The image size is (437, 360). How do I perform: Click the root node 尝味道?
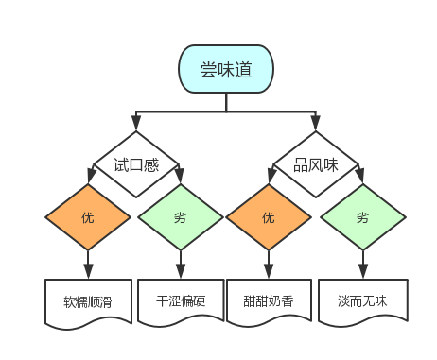(x=226, y=70)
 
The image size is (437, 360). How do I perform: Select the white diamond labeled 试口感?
(x=135, y=164)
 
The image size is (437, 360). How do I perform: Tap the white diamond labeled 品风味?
(x=315, y=164)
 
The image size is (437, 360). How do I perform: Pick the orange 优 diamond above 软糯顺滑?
(x=88, y=218)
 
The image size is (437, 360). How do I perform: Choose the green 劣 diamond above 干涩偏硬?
(x=180, y=218)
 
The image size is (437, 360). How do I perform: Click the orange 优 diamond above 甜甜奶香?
(x=269, y=218)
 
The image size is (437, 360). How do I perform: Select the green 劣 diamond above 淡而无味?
(x=362, y=218)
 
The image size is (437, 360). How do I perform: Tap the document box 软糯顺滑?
(x=88, y=301)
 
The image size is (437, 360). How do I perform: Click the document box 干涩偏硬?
(x=180, y=301)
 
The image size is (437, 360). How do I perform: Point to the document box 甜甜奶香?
(x=269, y=301)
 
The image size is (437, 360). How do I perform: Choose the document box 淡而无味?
(x=362, y=301)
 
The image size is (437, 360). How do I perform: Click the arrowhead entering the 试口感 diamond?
(x=135, y=126)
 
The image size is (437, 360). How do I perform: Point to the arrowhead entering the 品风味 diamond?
(x=315, y=126)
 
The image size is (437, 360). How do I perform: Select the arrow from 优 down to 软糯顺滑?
(x=88, y=264)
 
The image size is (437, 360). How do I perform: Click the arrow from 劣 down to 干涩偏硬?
(x=180, y=264)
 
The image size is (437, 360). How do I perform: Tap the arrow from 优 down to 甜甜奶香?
(x=269, y=264)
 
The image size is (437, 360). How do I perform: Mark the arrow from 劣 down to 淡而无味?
(x=362, y=264)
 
